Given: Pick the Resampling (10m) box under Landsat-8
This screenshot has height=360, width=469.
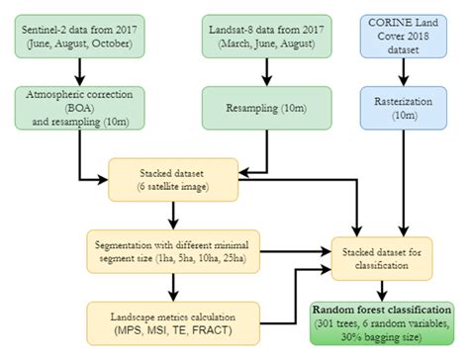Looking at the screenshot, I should [259, 106].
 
